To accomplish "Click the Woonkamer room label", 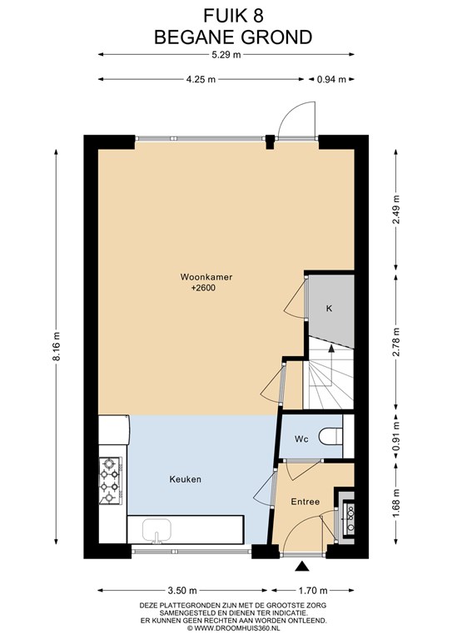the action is pos(206,277).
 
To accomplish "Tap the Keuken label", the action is pos(186,479).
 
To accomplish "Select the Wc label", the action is pos(301,439).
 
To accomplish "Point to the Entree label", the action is pos(305,502).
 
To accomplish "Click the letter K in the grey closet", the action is pos(330,309).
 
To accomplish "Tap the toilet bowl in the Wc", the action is pos(330,436).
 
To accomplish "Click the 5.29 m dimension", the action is pos(226,55).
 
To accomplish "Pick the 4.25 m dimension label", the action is pos(201,80).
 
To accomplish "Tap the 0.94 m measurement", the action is pos(331,80).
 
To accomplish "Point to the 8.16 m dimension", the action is pos(57,346).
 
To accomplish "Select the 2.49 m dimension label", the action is pos(395,210).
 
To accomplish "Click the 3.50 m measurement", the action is pos(182,590).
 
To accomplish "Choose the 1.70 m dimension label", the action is pos(313,590).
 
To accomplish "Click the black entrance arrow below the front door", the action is pos(302,566).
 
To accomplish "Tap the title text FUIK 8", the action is pos(234,17).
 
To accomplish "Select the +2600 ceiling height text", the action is pos(203,288).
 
